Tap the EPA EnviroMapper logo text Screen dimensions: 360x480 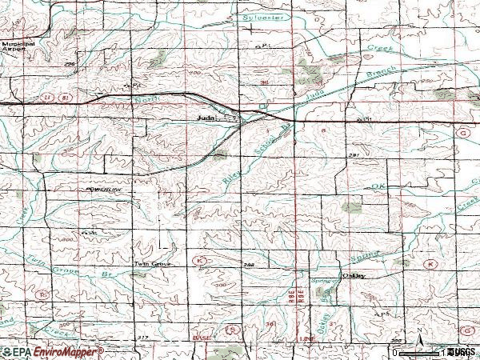52,351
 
